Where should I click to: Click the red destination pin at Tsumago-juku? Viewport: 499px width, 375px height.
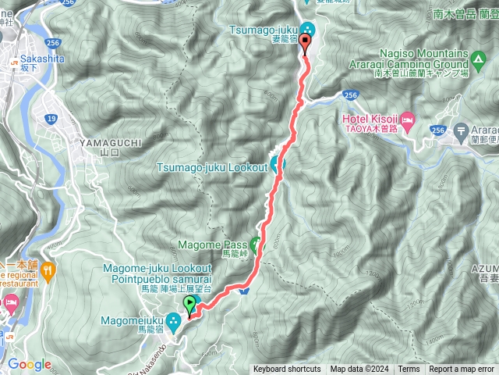305,43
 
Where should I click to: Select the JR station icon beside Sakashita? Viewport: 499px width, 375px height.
13,59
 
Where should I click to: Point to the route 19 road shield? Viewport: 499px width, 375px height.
51,117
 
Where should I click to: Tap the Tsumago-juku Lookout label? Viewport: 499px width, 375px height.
211,166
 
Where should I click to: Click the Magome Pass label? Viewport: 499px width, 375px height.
212,245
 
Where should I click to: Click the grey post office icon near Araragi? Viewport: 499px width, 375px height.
462,128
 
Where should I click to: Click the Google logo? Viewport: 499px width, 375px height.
29,364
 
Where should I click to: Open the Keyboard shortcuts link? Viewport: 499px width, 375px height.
286,370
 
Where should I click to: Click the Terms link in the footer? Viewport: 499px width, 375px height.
409,370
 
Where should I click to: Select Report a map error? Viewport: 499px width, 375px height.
462,370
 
